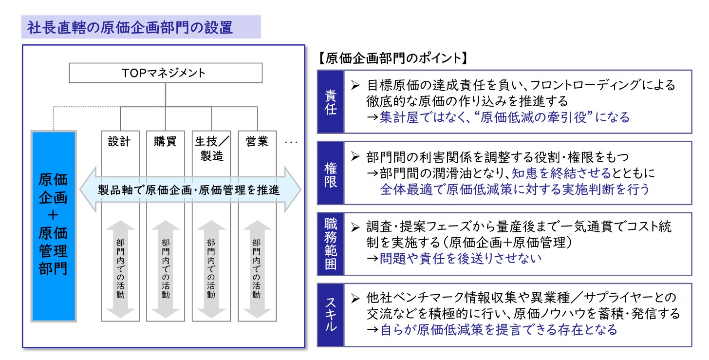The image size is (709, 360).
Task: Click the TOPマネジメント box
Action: coord(166,74)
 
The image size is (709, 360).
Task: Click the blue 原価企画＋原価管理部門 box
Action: coord(53,226)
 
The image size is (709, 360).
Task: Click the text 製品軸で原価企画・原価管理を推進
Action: coord(189,189)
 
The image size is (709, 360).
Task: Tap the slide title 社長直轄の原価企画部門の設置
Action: coord(130,27)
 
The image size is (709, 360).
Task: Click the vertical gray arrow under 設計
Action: coord(120,268)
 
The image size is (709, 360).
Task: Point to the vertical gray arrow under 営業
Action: coord(256,268)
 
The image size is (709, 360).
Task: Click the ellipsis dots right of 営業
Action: coord(291,143)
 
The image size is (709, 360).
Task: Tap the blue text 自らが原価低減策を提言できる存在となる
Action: coord(499,329)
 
